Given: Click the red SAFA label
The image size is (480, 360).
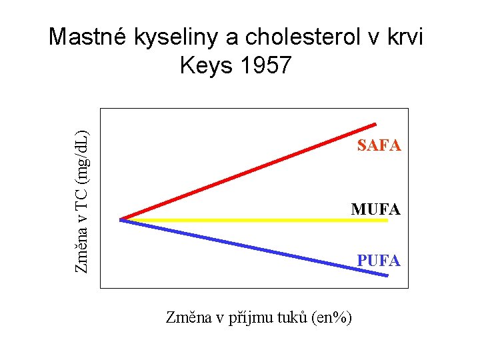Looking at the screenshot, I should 379,145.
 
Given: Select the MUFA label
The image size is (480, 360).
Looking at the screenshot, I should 376,209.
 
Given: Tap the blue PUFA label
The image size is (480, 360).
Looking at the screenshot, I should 379,261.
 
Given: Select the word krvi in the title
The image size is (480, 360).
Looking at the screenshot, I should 401,37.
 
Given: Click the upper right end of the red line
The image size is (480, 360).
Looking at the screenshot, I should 375,124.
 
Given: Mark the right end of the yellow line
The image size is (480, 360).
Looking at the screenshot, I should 387,220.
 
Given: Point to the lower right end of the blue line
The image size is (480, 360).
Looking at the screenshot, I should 387,276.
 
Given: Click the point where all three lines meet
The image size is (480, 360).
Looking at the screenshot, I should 121,219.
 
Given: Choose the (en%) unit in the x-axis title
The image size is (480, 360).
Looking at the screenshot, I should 332,318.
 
